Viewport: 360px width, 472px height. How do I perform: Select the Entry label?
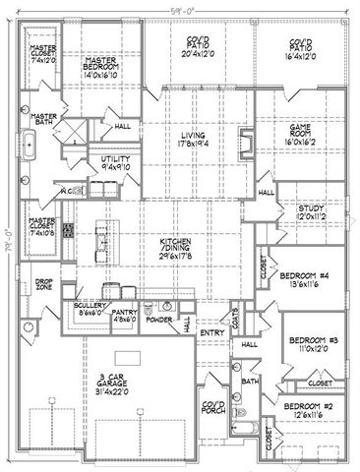[x=212, y=333]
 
